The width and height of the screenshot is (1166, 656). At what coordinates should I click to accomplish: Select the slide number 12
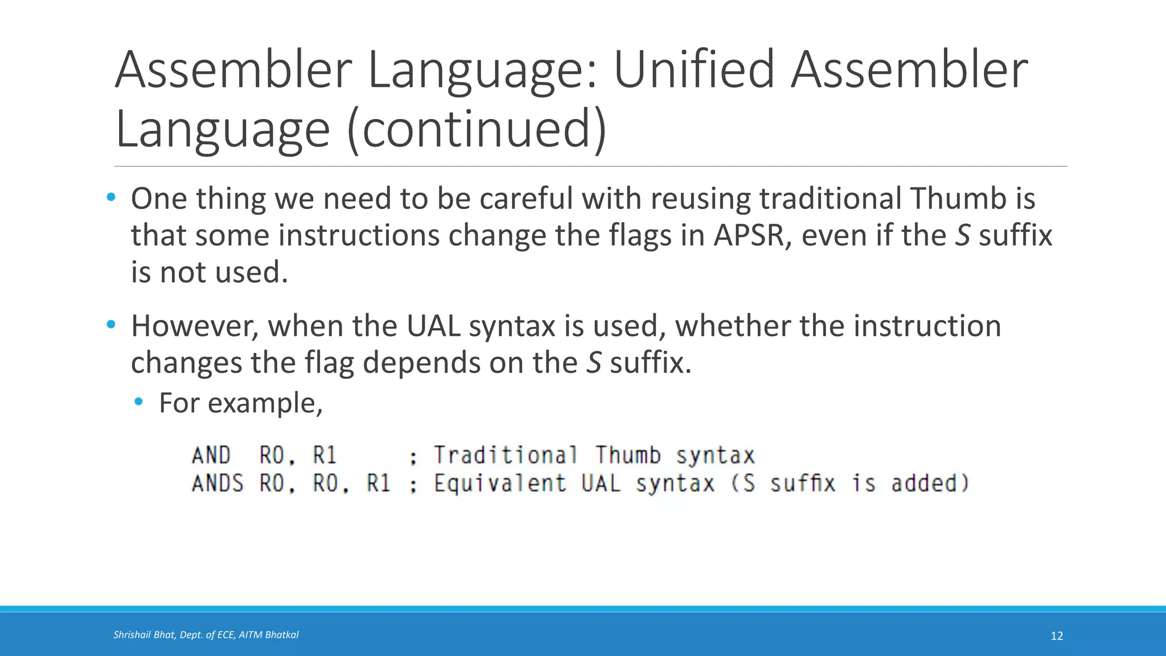1057,636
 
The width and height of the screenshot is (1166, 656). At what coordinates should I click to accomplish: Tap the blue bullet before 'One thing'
111,198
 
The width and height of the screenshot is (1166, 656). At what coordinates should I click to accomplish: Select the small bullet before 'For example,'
138,403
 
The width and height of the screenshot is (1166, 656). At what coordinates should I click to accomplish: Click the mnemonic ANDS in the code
217,484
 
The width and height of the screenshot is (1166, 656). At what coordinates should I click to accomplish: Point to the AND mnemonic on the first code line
211,456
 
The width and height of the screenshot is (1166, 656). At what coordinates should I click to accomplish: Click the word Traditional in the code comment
506,456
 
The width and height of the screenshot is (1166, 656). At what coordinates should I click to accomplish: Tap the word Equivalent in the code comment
500,484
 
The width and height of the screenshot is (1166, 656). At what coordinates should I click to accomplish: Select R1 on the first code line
325,456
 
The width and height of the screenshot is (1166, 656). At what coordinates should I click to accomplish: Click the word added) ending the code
930,484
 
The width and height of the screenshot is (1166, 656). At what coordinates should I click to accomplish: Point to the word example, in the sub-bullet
265,404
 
